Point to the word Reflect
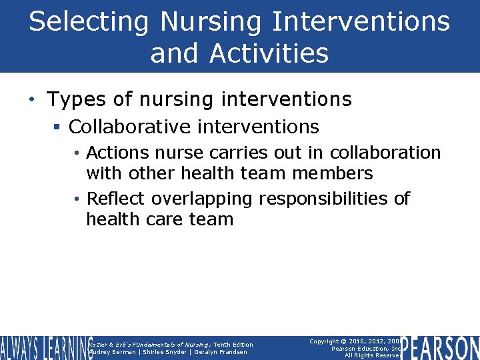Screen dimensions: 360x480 pyautogui.click(x=117, y=199)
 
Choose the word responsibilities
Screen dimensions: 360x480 pyautogui.click(x=325, y=199)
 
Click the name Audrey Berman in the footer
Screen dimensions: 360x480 pyautogui.click(x=112, y=352)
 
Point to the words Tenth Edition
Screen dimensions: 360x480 pyautogui.click(x=233, y=344)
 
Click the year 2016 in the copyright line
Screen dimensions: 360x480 pyautogui.click(x=365, y=341)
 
